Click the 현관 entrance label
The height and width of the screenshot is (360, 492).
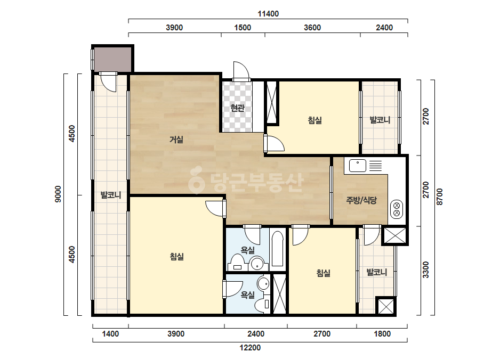click(x=237, y=108)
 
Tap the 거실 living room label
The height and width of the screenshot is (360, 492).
click(x=176, y=139)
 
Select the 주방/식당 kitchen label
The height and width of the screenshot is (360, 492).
click(x=361, y=200)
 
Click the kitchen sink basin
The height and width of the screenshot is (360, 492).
click(x=358, y=166)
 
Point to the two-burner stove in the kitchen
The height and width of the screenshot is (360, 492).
click(x=397, y=209)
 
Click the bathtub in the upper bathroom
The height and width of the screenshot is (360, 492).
click(x=278, y=249)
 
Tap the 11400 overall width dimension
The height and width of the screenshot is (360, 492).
click(x=268, y=14)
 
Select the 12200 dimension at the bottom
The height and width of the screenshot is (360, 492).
click(x=250, y=347)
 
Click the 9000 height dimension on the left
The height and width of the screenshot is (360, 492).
click(x=58, y=194)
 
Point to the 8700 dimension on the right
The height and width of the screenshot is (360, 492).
click(x=440, y=197)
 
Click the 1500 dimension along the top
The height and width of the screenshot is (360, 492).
click(x=243, y=28)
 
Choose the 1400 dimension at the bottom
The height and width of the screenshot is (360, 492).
click(x=110, y=334)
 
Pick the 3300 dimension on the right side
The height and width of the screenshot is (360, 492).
click(x=425, y=269)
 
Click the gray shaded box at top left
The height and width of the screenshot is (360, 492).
click(x=112, y=59)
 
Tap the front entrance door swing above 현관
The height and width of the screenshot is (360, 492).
click(x=241, y=71)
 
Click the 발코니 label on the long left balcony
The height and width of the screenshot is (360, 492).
click(x=111, y=195)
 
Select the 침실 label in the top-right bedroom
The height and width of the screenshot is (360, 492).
click(x=314, y=120)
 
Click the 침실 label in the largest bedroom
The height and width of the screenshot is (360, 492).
click(x=176, y=257)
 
